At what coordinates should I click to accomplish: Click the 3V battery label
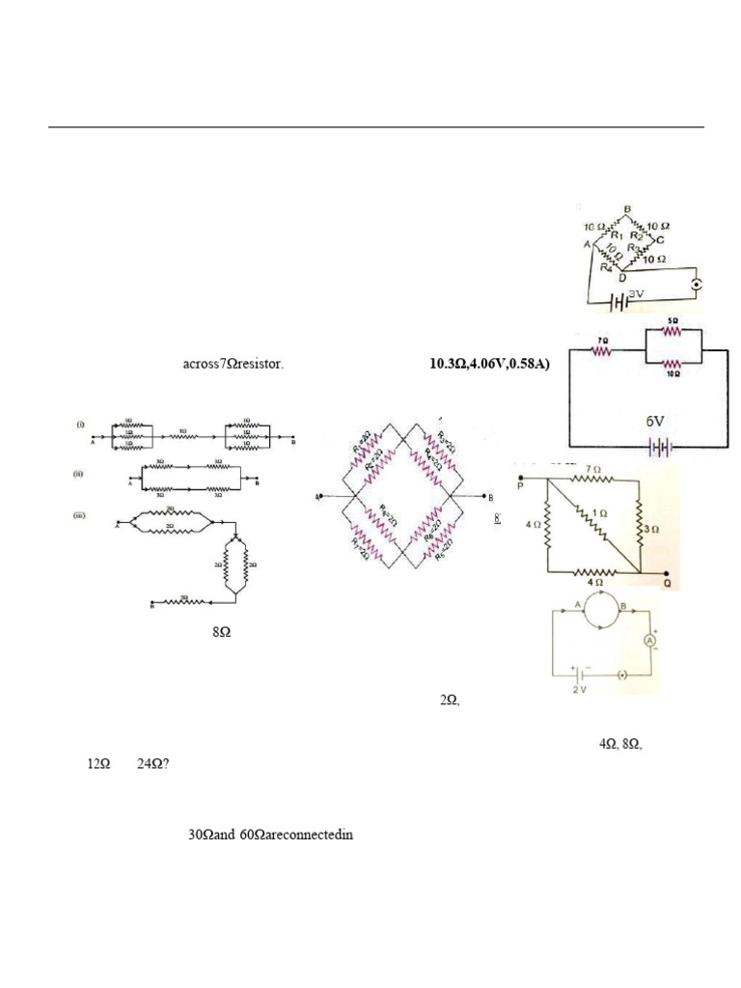tap(635, 292)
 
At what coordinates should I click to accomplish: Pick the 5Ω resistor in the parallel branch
tap(671, 330)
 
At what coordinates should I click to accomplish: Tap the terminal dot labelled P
tap(522, 477)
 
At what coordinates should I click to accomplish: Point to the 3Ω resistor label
tap(652, 529)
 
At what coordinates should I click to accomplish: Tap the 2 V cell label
tap(578, 689)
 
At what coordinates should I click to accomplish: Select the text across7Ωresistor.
tap(233, 365)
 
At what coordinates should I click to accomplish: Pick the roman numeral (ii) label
tap(83, 473)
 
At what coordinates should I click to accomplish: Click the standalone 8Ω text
tap(221, 633)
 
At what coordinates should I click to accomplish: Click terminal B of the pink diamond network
tap(491, 496)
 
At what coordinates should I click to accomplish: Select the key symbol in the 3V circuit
tap(696, 284)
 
